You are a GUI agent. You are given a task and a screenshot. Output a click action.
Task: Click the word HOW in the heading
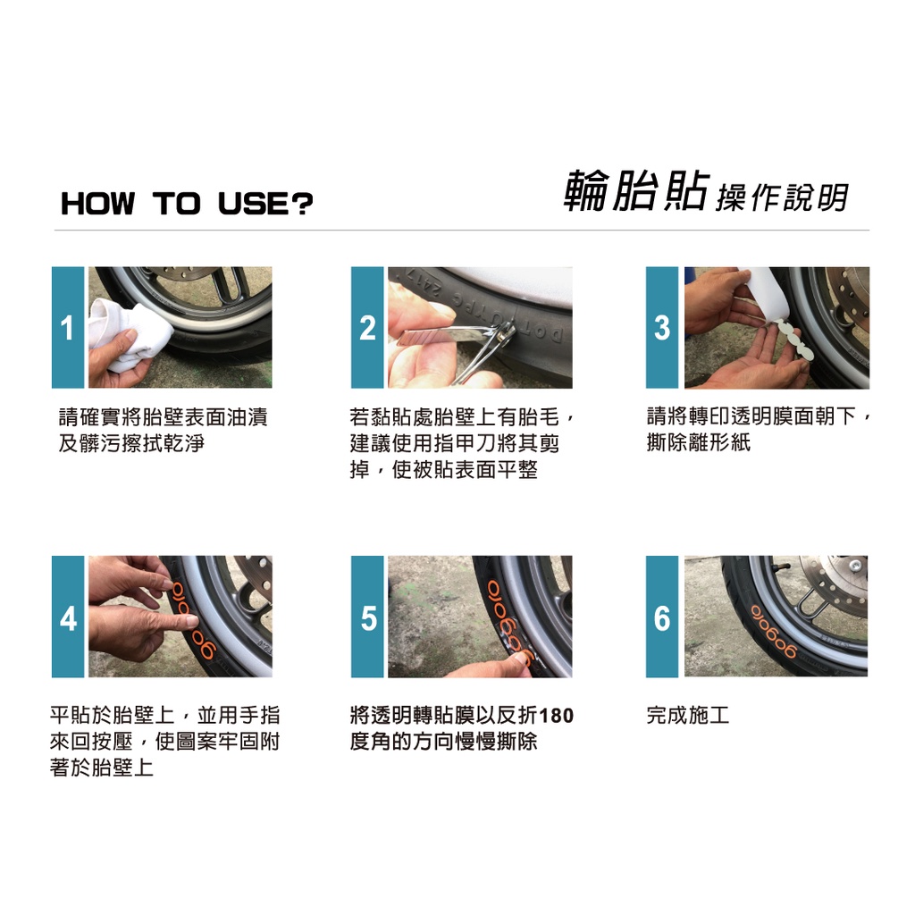coord(97,204)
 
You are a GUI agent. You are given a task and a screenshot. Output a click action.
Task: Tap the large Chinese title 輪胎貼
coord(636,191)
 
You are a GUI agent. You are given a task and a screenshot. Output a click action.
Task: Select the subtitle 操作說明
coord(782,197)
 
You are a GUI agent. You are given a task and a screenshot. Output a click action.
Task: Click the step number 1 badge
coord(68,327)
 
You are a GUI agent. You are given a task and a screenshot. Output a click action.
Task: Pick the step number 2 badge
coord(367,327)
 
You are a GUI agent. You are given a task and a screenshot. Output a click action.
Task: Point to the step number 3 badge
coord(662,327)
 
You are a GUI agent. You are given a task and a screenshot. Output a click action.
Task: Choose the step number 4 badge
coord(68,617)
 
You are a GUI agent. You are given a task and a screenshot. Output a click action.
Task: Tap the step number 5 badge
coord(367,617)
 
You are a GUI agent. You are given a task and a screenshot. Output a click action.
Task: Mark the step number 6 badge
coord(662,617)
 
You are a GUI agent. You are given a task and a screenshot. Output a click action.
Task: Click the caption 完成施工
coord(688,715)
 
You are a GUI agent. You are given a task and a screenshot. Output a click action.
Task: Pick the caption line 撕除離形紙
coord(699,442)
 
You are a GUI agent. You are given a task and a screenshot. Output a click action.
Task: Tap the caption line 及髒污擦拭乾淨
coord(131,443)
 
